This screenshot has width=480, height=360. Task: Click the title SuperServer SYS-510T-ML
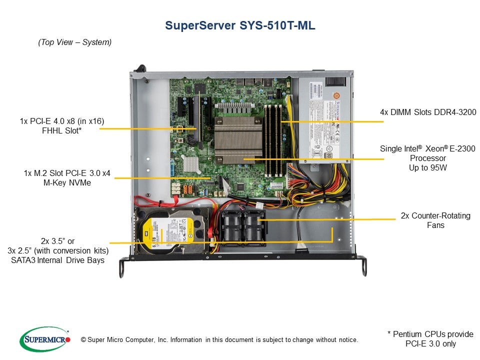240,26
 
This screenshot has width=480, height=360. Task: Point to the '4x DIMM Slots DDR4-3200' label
428,112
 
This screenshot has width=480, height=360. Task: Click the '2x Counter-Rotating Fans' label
428,220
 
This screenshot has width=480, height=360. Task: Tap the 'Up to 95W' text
428,168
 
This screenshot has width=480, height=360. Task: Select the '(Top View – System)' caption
75,42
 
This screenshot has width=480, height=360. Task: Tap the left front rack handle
122,267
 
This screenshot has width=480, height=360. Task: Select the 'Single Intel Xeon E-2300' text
428,148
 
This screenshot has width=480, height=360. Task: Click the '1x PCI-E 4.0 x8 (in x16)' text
63,120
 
